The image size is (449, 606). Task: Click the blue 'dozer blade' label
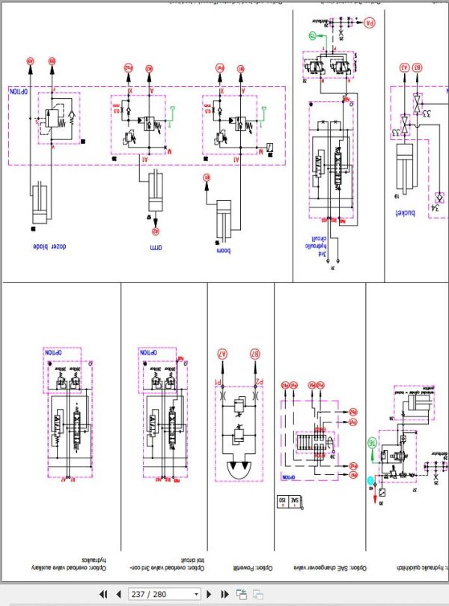coord(51,247)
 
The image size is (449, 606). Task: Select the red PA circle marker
coord(369,22)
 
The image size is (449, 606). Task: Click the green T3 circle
coord(312,35)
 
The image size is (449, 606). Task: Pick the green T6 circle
coord(370,444)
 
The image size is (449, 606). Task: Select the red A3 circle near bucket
coord(404,67)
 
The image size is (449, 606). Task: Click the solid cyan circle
coord(369,480)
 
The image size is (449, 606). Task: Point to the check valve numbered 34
coord(437,197)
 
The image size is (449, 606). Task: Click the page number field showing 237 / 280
coord(164,594)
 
